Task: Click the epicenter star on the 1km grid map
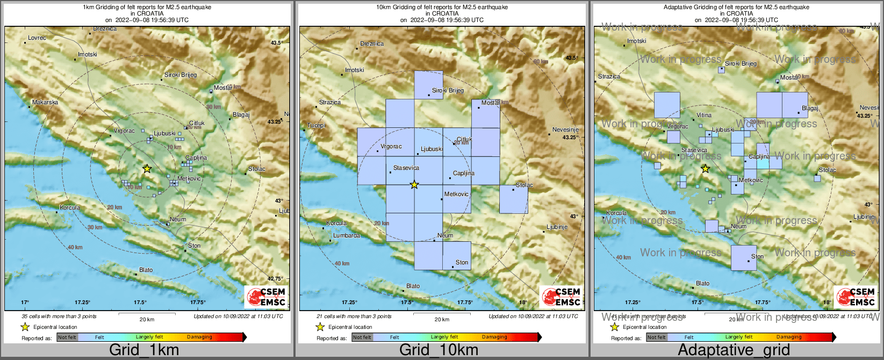pyautogui.click(x=147, y=169)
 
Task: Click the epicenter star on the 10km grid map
pyautogui.click(x=414, y=185)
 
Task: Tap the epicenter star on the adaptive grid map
pyautogui.click(x=705, y=169)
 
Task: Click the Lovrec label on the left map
pyautogui.click(x=37, y=38)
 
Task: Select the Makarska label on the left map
pyautogui.click(x=45, y=102)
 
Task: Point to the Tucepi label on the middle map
pyautogui.click(x=316, y=125)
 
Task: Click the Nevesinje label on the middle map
pyautogui.click(x=565, y=130)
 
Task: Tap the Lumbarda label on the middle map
pyautogui.click(x=347, y=235)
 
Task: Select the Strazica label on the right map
pyautogui.click(x=609, y=77)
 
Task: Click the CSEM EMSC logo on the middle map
pyautogui.click(x=562, y=297)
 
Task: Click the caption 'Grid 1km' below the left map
pyautogui.click(x=144, y=350)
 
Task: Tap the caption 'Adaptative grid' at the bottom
pyautogui.click(x=734, y=350)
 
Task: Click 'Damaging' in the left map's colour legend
pyautogui.click(x=199, y=337)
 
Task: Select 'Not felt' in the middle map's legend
pyautogui.click(x=362, y=337)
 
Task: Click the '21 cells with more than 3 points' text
pyautogui.click(x=354, y=316)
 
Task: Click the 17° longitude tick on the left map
pyautogui.click(x=25, y=303)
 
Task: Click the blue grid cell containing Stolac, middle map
pyautogui.click(x=513, y=199)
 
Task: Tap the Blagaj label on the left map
pyautogui.click(x=241, y=114)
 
